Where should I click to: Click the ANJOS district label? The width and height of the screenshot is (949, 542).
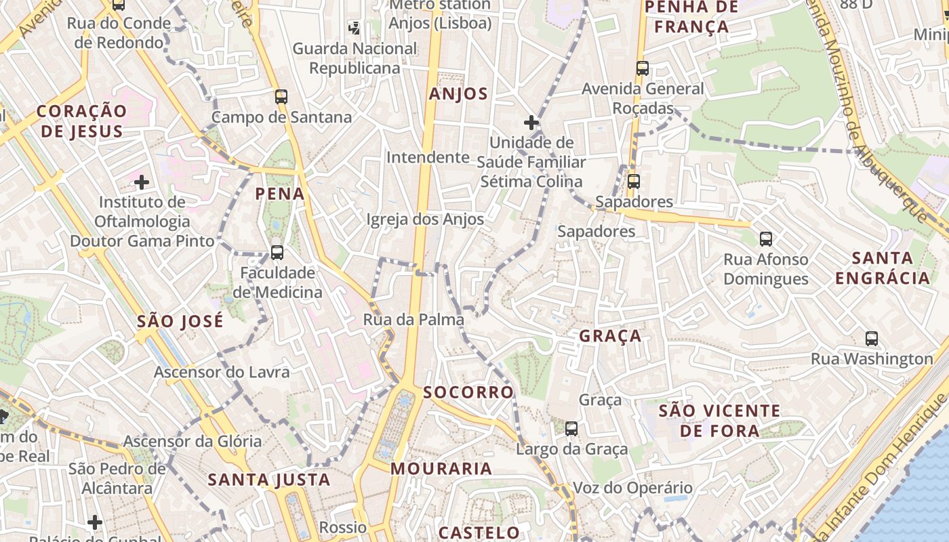coord(458,94)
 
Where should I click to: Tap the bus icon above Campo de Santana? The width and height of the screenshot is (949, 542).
coord(281,97)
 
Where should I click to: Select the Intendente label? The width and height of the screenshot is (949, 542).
coord(428,158)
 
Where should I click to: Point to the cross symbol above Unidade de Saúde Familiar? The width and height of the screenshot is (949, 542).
coord(531,123)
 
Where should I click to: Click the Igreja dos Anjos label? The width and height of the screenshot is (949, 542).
coord(425,220)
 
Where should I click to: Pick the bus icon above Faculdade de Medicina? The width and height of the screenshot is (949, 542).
coord(277,253)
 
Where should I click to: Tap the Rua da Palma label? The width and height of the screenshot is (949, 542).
coord(413,320)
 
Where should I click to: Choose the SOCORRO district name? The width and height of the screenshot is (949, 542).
coord(468,392)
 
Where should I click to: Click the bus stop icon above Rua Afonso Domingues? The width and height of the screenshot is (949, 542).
coord(766,239)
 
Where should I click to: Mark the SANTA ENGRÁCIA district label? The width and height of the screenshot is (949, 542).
coord(883,268)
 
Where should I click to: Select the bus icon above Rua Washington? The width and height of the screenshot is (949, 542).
coord(872,339)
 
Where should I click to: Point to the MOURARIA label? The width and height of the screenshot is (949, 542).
coord(441,469)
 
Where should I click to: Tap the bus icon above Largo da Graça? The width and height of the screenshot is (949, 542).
coord(571,429)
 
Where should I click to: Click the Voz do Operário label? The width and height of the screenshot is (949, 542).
coord(633,488)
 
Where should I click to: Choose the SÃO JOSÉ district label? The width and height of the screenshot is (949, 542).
coord(180,321)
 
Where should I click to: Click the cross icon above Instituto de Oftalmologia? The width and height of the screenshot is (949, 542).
coord(142,182)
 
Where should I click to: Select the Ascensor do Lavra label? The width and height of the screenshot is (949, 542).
coord(222,372)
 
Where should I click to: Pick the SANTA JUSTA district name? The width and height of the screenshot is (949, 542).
coord(269,480)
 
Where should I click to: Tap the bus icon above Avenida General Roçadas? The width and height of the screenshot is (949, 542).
coord(643,68)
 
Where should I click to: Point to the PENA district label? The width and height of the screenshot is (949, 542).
coord(280,194)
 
